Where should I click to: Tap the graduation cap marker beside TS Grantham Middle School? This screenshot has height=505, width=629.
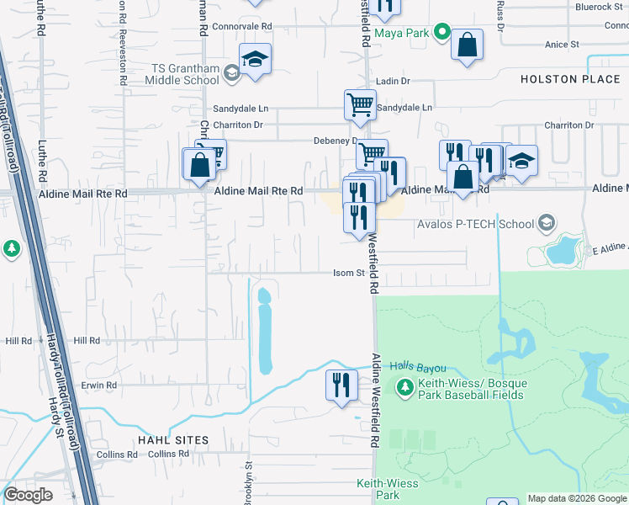coord(255,60)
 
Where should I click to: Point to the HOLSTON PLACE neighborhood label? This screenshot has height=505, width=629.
coord(570,79)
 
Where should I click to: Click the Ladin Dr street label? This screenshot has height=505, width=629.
coord(392,81)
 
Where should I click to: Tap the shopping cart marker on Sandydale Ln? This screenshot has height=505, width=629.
coord(360,105)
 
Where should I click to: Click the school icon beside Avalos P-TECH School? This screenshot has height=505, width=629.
coord(547,224)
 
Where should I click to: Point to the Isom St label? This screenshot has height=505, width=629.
coord(348,273)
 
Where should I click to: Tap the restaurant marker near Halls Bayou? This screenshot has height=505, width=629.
coord(341,385)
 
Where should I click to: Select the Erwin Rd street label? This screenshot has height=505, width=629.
coord(99,385)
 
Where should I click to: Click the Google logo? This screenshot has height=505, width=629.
coord(28,495)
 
